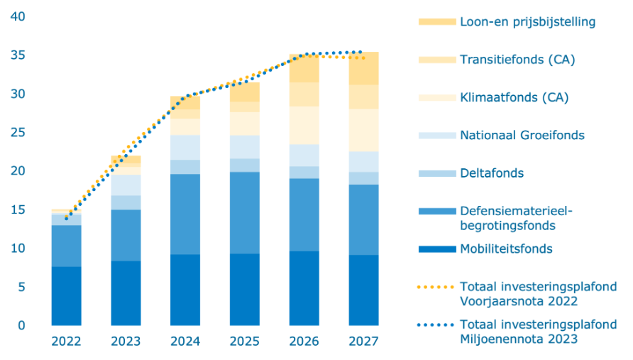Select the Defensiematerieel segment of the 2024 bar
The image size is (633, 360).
click(185, 214)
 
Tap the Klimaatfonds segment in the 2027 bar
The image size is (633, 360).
click(363, 130)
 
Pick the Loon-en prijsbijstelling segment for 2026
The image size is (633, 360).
click(304, 68)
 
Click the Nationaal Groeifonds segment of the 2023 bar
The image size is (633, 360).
click(125, 185)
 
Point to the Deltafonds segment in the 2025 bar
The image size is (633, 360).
click(244, 165)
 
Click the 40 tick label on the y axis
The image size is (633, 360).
click(16, 16)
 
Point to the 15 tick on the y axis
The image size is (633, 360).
click(16, 209)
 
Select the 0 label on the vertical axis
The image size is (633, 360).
click(21, 325)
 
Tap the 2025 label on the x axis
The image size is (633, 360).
click(244, 342)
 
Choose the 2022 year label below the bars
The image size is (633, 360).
click(65, 342)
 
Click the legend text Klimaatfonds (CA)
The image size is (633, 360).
click(514, 97)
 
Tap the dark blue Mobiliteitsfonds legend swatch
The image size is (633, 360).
click(435, 249)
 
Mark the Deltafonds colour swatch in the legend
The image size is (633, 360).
click(435, 173)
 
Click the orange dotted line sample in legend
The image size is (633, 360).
click(435, 287)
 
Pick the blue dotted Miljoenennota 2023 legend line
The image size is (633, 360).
click(435, 325)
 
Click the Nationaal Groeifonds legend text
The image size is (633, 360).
click(522, 135)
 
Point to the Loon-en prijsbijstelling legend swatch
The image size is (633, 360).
click(435, 21)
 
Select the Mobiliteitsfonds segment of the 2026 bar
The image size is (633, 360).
click(304, 288)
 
